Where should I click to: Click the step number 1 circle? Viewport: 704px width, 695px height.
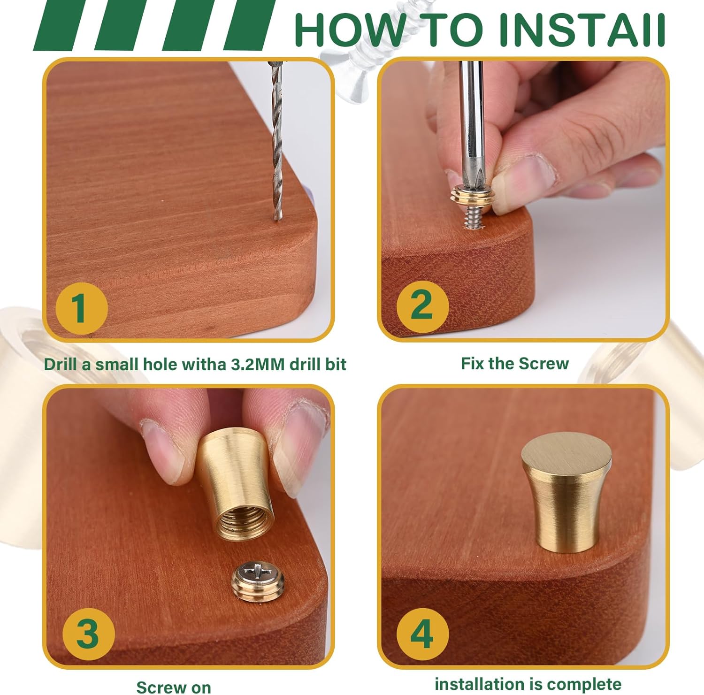(82, 308)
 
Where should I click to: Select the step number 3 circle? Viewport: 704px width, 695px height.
(88, 634)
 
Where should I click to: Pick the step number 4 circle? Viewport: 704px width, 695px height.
(422, 634)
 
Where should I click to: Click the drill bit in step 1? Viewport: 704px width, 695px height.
(276, 141)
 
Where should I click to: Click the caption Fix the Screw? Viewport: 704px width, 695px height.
(515, 363)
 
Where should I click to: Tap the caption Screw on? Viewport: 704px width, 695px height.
(174, 687)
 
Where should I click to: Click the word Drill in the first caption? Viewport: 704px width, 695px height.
(61, 364)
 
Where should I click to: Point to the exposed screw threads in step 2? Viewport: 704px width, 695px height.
(474, 218)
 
